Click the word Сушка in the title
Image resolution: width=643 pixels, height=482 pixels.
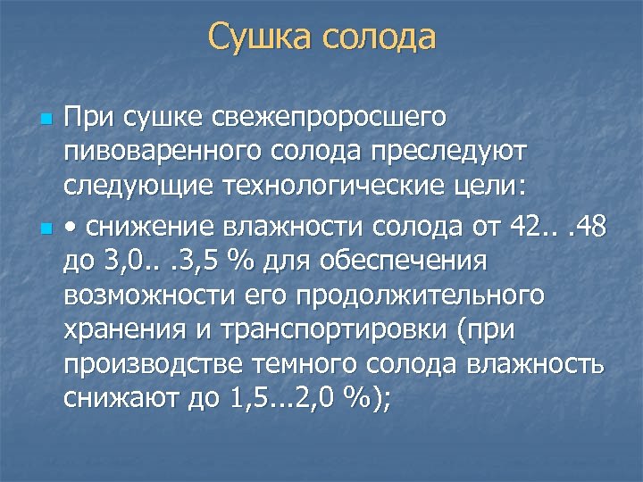click(258, 37)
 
